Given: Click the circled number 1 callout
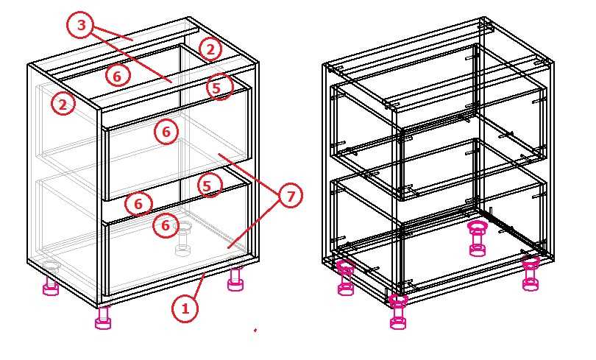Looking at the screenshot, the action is pos(185,308).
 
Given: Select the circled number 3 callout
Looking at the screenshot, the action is pos(82,25).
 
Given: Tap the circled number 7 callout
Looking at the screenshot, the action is pos(290,196).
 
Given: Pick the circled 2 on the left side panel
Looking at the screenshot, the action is pos(63,103).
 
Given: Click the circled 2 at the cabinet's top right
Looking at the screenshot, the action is pos(210,49).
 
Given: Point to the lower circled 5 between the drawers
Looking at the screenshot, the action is pos(208,186).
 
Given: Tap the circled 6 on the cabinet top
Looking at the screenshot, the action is pos(117,76).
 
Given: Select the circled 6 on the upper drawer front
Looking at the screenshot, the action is pos(166,132).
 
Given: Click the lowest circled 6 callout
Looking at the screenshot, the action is pos(166,225).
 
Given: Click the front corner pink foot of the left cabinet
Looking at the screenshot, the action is pos(103,318).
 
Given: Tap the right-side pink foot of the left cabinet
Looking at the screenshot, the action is pos(235,280).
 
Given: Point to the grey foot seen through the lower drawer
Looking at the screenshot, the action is pos(184,239).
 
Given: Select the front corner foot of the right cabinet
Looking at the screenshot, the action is pos(398,311).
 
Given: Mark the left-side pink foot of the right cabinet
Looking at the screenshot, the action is pos(346,278).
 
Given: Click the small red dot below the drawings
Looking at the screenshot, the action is pos(255,330).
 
